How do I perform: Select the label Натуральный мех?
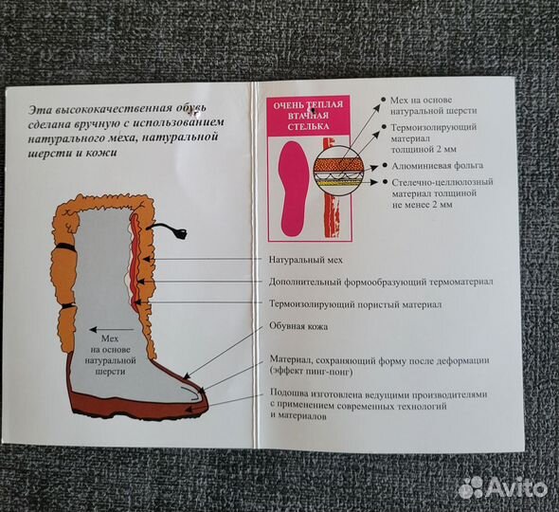tap(305, 260)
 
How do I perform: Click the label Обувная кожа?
tap(298, 326)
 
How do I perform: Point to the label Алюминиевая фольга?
tap(438, 166)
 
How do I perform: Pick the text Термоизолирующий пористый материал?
tap(355, 304)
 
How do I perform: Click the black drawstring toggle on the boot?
tap(180, 233)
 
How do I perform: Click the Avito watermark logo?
tap(502, 487)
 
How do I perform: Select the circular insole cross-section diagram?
tap(338, 170)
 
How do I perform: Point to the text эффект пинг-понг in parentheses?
tap(311, 372)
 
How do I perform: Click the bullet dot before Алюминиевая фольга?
tap(385, 166)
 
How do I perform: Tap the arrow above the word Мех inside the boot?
tap(112, 330)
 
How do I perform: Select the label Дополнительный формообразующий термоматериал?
tap(381, 283)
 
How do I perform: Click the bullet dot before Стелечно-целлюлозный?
tap(385, 182)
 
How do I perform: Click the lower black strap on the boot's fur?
tap(67, 307)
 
